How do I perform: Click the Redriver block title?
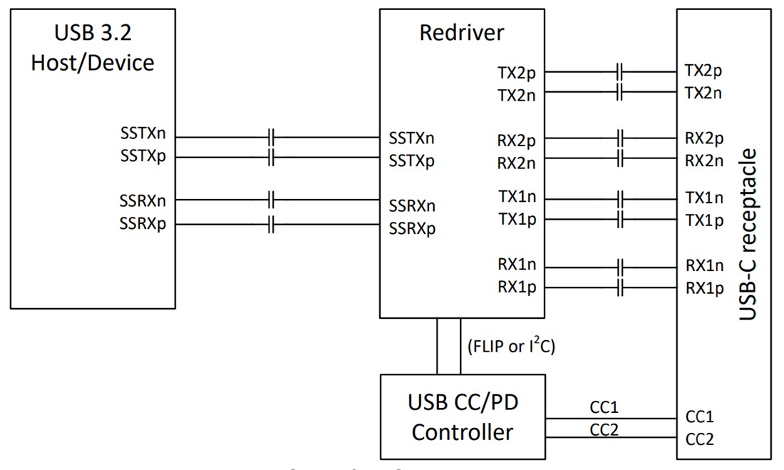click(462, 33)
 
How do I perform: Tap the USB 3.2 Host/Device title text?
click(93, 48)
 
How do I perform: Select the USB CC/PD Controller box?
click(463, 417)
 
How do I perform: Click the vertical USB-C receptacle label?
click(747, 235)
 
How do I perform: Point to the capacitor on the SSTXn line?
click(271, 136)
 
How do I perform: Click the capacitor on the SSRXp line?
click(271, 225)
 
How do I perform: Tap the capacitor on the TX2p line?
click(620, 71)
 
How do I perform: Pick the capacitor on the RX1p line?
click(620, 288)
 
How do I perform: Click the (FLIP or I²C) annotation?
click(510, 347)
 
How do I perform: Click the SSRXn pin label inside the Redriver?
click(412, 206)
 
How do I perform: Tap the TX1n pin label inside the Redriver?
click(517, 197)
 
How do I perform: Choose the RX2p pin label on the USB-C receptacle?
click(704, 138)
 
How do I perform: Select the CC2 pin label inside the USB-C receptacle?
click(699, 439)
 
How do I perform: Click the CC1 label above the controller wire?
click(604, 407)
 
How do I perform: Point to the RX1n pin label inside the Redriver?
click(517, 265)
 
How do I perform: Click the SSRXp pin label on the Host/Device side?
click(143, 223)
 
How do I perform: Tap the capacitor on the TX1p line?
click(620, 218)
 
